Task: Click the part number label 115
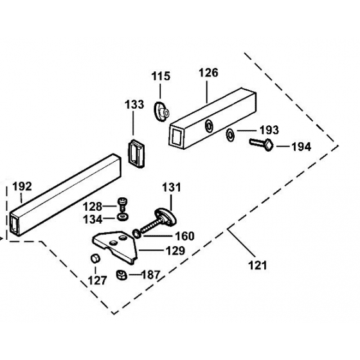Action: [161, 76]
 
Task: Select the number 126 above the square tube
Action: [208, 73]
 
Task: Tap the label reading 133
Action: [134, 104]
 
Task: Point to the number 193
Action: [269, 130]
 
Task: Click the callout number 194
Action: [301, 147]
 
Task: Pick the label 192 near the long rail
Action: [22, 186]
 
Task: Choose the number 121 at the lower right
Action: [257, 265]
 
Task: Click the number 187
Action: [150, 275]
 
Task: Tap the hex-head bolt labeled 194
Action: [262, 144]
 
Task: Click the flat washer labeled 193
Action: [230, 135]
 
